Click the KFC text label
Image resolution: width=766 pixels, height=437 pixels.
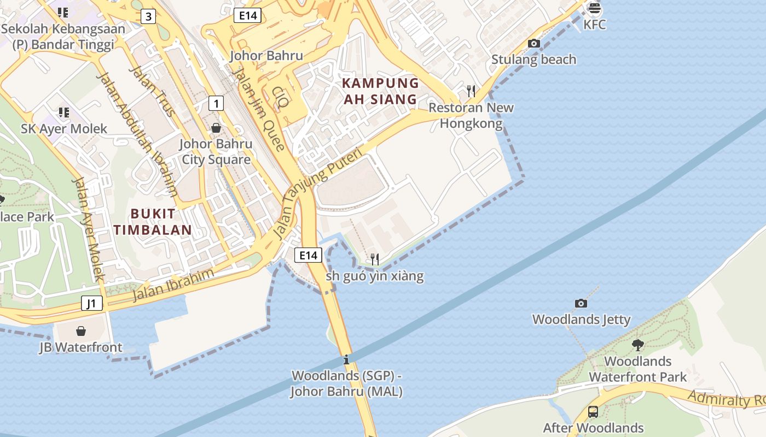point(594,25)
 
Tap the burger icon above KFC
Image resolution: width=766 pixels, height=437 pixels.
point(594,8)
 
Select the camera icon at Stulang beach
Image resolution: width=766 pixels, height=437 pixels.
point(534,43)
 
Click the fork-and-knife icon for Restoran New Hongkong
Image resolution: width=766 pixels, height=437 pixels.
point(471,91)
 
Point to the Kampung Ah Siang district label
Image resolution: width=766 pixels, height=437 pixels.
point(380,91)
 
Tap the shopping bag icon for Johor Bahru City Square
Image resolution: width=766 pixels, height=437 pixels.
point(216,128)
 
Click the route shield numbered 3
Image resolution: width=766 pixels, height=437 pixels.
point(148,16)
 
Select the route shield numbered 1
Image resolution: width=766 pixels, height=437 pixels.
point(216,103)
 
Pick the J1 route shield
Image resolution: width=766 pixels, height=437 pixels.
point(92,303)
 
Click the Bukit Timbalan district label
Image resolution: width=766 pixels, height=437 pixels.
point(153,222)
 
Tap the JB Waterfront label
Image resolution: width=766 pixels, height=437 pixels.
point(80,347)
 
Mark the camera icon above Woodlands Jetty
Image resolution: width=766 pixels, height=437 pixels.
point(581,303)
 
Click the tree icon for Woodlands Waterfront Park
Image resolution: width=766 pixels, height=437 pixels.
point(637,345)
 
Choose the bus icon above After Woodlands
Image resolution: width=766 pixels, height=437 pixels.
point(593,412)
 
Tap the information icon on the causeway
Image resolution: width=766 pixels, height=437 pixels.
point(346,360)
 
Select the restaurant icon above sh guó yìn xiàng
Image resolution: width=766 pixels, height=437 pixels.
point(375,259)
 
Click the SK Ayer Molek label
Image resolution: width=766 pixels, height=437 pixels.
point(64,129)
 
